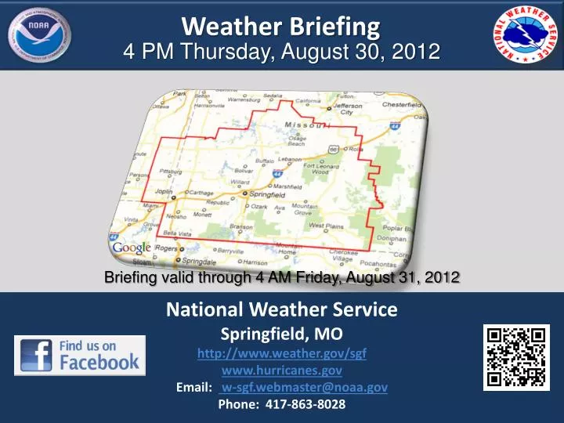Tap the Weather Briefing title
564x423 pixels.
[281, 26]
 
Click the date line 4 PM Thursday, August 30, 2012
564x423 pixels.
[282, 52]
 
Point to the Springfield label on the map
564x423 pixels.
[266, 193]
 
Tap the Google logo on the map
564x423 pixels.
[132, 248]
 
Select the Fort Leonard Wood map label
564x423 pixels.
[321, 169]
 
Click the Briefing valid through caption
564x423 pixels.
[281, 277]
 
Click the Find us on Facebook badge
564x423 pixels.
[80, 355]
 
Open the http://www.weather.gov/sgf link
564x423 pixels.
[282, 353]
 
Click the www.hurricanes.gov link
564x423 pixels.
[282, 371]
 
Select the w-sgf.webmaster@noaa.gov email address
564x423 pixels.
[304, 387]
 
